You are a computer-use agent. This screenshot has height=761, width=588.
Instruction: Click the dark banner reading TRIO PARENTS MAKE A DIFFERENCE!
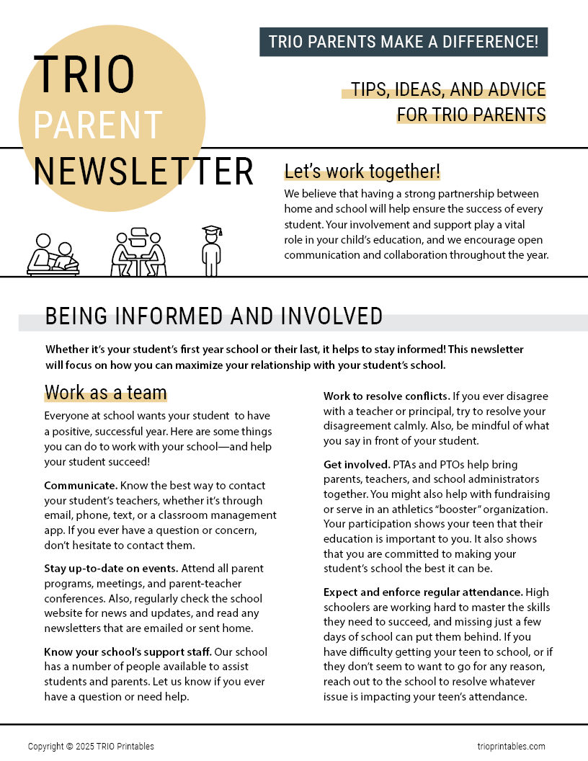404,42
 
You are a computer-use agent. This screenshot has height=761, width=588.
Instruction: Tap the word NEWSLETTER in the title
143,172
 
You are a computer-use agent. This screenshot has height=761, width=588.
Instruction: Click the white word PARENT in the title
97,125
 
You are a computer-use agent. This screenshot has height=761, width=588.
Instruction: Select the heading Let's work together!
362,172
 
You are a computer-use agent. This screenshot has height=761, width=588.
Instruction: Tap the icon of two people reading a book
53,255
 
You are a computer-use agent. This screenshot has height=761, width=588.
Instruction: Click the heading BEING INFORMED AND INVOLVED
213,316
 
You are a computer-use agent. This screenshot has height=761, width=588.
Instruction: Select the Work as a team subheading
105,393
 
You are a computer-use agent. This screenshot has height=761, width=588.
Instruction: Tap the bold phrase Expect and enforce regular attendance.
423,592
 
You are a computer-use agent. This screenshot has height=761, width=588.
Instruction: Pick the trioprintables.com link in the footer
511,747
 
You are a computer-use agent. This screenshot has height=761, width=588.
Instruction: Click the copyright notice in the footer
91,747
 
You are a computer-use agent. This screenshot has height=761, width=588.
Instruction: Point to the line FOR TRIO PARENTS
471,115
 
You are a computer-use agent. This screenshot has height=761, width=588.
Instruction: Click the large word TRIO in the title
84,75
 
